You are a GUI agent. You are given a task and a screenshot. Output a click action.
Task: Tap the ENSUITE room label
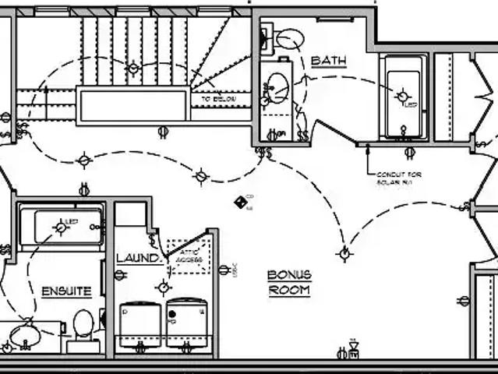(66, 291)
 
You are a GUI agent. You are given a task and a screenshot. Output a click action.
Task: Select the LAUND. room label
(139, 258)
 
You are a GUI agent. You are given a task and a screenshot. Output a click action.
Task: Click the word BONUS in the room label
(289, 275)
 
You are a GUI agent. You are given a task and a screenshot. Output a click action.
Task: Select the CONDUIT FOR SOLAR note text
(398, 178)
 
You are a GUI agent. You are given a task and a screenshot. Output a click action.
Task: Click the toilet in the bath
(290, 37)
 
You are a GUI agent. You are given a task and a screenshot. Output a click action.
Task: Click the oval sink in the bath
(277, 87)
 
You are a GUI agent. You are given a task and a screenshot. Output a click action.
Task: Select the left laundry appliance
(140, 324)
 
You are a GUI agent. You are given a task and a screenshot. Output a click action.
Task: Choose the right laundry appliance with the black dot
(187, 323)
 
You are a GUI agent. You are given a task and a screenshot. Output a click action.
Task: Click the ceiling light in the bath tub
(402, 97)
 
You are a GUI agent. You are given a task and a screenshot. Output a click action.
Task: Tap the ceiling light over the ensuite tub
(60, 227)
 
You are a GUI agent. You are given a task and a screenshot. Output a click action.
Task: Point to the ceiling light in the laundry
(163, 287)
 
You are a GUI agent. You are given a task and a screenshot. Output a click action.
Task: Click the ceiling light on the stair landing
(133, 68)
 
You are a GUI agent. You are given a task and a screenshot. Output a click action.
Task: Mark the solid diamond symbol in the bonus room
(240, 202)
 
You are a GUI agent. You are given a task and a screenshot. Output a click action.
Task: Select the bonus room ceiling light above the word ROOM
(344, 252)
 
